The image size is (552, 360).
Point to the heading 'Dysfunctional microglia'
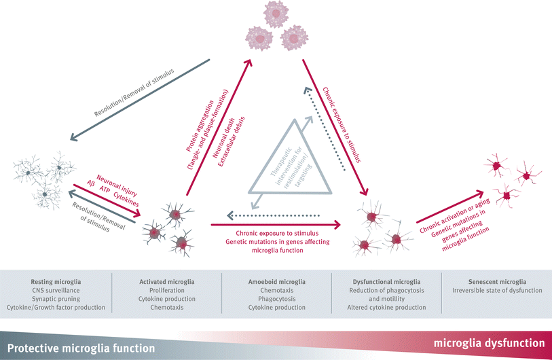(388, 281)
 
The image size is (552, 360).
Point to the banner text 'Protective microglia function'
(84, 347)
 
